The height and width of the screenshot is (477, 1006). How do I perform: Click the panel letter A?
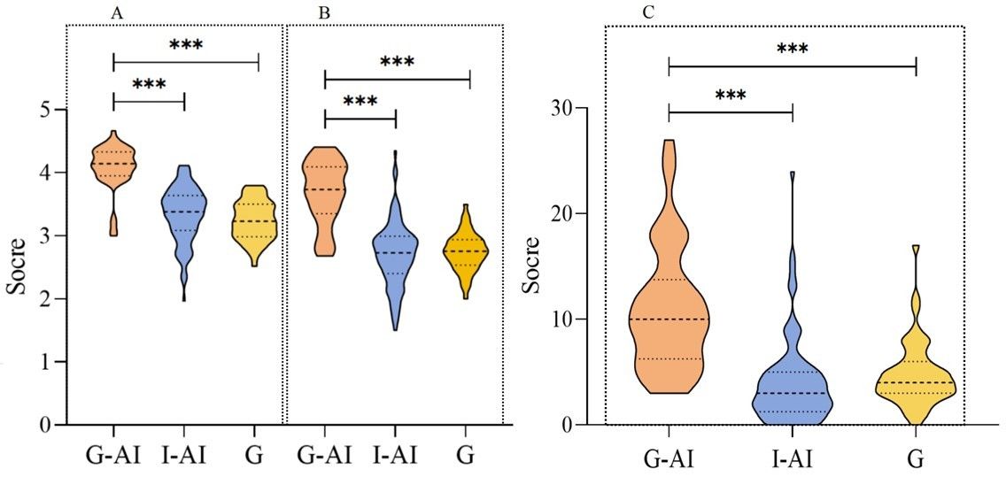click(x=116, y=13)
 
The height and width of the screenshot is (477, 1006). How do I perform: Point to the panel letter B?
click(x=324, y=13)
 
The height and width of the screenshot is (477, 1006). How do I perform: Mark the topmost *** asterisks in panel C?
click(x=792, y=50)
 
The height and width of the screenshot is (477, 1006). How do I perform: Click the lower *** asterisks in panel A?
click(x=149, y=85)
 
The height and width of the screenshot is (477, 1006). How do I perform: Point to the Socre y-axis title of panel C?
click(x=531, y=266)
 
